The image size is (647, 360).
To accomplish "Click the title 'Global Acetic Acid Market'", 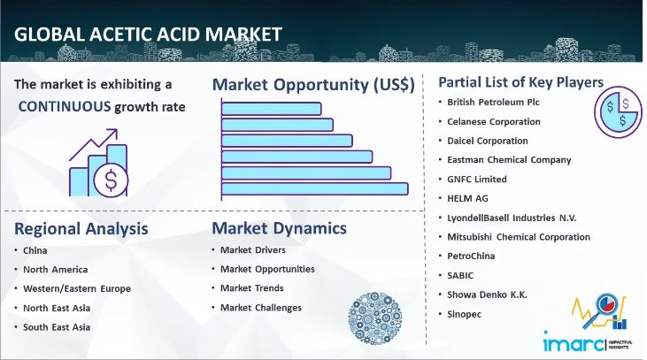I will (148, 34).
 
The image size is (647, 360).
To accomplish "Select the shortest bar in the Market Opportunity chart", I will (271, 109).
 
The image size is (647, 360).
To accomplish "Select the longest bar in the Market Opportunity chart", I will (314, 188).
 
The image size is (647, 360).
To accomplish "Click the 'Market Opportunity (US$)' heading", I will (313, 85).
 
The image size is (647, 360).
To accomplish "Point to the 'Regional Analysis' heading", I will (81, 229).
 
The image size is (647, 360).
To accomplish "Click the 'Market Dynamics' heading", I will (279, 229).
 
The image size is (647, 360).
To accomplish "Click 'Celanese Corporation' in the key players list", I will (494, 121).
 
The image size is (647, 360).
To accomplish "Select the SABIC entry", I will (462, 275).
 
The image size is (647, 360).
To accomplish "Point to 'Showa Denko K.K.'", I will (487, 295).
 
